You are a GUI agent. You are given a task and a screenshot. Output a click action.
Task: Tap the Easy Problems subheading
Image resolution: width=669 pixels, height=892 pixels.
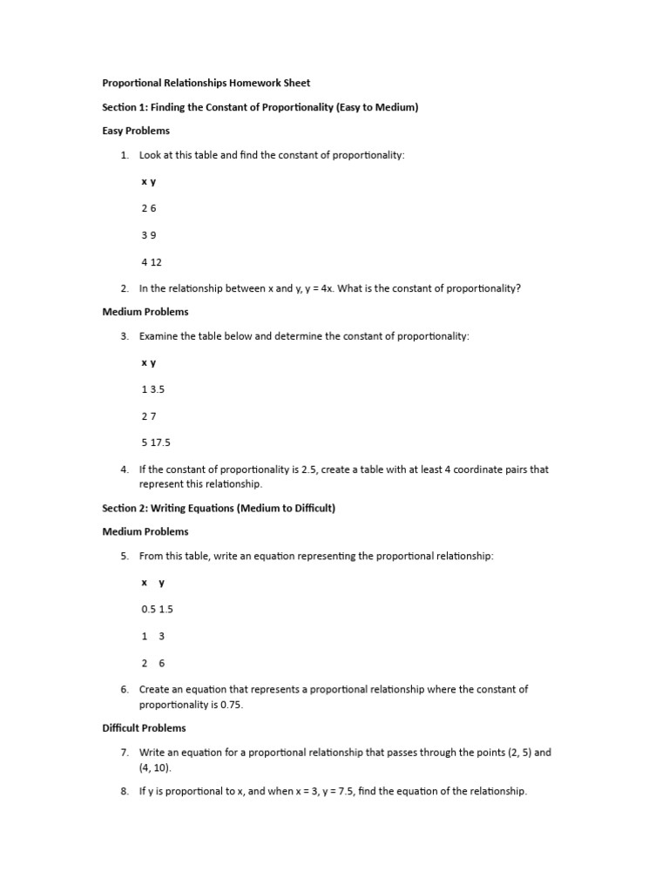tap(136, 131)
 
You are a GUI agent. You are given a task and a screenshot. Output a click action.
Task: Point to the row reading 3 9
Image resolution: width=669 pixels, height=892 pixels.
tap(149, 235)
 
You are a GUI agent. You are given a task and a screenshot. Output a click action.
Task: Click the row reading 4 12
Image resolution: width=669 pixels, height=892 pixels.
tap(152, 262)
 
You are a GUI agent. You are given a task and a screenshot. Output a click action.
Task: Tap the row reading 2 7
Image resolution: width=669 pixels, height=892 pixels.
tap(149, 416)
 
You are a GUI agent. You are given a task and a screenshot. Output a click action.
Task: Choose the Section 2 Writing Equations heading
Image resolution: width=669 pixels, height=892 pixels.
tap(218, 508)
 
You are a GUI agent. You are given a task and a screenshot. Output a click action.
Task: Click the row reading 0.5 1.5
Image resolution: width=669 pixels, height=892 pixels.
tap(158, 609)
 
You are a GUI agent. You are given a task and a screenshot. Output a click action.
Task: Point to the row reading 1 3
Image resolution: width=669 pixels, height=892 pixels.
tap(153, 636)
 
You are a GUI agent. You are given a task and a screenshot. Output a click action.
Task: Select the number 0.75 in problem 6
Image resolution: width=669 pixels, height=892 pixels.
tap(231, 705)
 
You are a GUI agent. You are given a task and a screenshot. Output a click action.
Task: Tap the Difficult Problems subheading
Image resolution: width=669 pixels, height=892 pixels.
tap(144, 728)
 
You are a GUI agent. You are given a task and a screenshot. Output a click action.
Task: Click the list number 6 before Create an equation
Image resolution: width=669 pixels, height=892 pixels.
tap(125, 689)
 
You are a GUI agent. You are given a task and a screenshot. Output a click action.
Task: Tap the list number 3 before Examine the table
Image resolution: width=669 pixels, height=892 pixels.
tap(125, 335)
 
